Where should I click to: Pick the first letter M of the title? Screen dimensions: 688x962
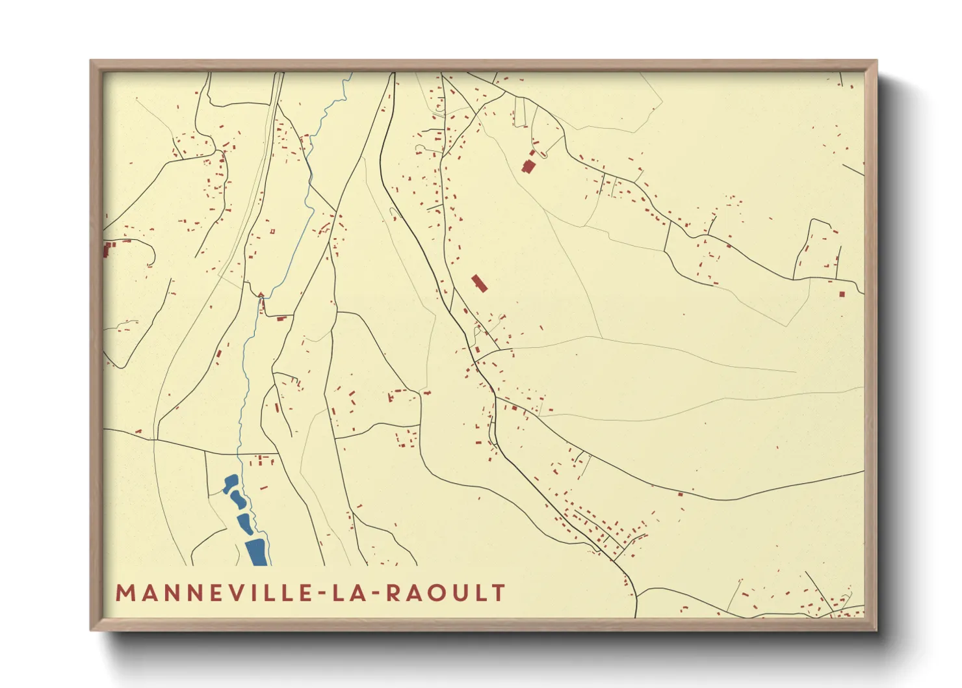click(x=125, y=593)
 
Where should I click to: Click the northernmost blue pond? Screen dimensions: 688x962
click(x=230, y=483)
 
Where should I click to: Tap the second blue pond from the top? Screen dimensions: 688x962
click(x=237, y=500)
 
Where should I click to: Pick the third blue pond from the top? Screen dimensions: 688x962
click(x=246, y=523)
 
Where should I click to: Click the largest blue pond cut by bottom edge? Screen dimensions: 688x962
click(x=257, y=552)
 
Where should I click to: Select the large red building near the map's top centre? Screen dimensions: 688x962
click(x=528, y=166)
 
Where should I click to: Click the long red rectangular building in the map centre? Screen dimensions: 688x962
click(x=480, y=284)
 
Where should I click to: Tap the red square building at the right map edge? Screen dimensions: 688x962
click(x=842, y=294)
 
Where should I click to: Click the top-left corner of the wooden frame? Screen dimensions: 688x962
click(x=91, y=61)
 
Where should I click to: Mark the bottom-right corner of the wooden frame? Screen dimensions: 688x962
click(x=876, y=629)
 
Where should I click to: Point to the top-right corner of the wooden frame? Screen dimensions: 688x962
click(x=876, y=61)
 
